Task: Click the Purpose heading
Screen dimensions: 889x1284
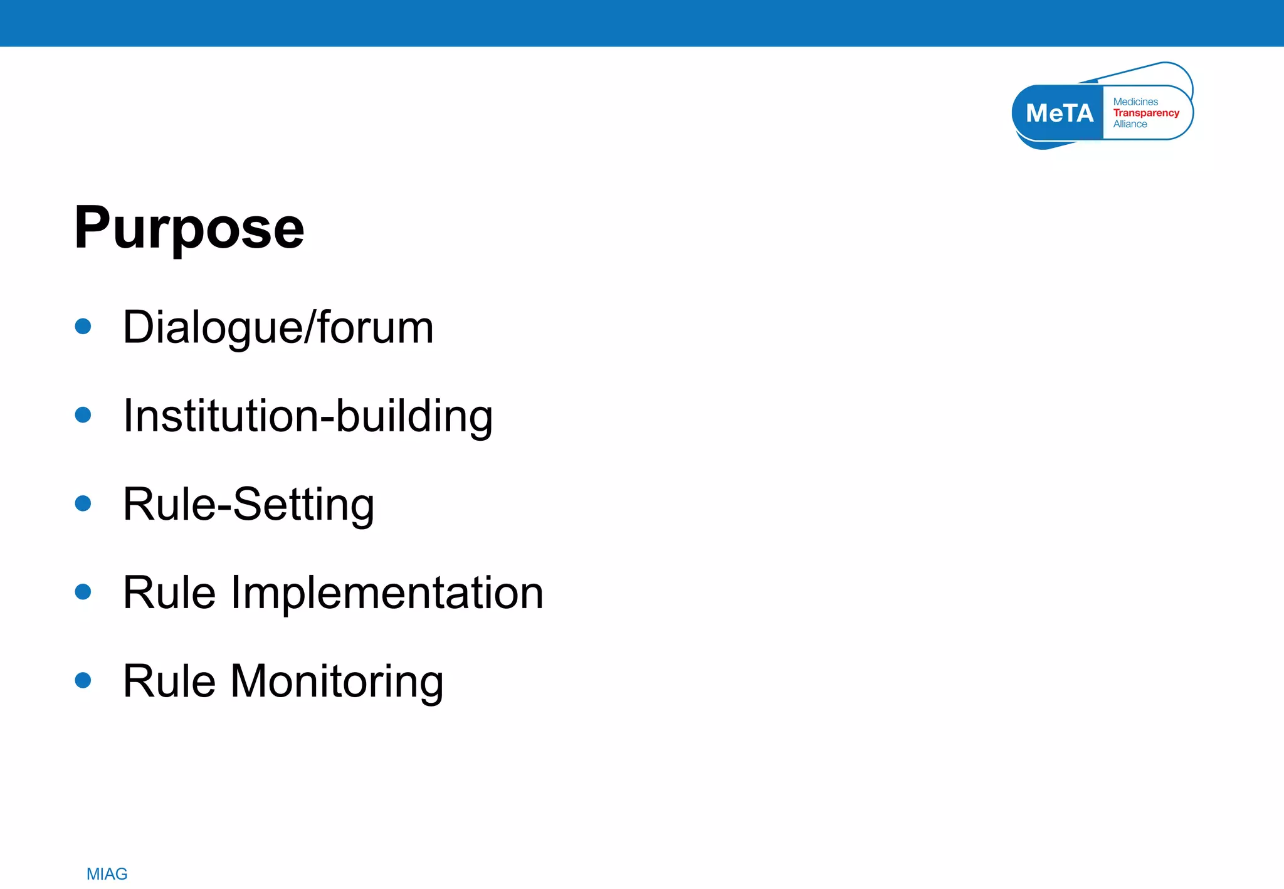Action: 189,228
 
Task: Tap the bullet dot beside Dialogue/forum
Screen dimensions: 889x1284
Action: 83,326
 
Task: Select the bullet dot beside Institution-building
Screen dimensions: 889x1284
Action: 83,414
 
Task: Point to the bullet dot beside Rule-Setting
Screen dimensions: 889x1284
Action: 83,503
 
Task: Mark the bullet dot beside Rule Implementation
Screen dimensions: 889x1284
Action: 83,591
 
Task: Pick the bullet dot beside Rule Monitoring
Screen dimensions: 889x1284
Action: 83,680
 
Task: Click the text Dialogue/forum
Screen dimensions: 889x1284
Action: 278,327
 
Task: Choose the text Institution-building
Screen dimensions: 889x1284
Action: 307,416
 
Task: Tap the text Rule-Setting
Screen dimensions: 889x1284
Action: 248,504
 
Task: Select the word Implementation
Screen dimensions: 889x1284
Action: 387,592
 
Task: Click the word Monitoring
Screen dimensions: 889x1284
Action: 337,681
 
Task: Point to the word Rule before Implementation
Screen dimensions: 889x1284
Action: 169,592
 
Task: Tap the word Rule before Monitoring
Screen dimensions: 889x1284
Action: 169,681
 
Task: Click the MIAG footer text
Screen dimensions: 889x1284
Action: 107,874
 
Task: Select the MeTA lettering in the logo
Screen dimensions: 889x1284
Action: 1059,113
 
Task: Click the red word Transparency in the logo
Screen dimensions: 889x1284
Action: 1146,113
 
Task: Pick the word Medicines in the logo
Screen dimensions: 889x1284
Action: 1135,102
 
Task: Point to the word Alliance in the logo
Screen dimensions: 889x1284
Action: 1130,124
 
